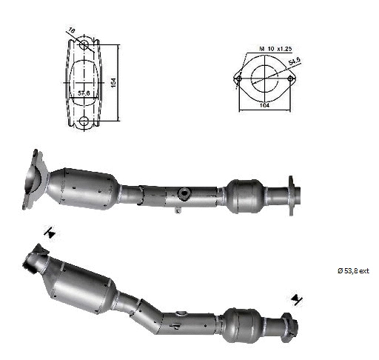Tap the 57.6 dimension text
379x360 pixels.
[x=84, y=94]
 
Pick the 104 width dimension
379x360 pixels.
[x=264, y=107]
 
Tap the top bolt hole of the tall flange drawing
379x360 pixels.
[x=84, y=47]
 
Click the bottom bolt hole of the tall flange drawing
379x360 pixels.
[x=84, y=121]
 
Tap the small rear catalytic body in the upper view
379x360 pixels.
[x=246, y=195]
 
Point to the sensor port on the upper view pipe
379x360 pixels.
[x=183, y=195]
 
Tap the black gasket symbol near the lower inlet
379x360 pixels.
[x=50, y=233]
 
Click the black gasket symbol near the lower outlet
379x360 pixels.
[x=298, y=299]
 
